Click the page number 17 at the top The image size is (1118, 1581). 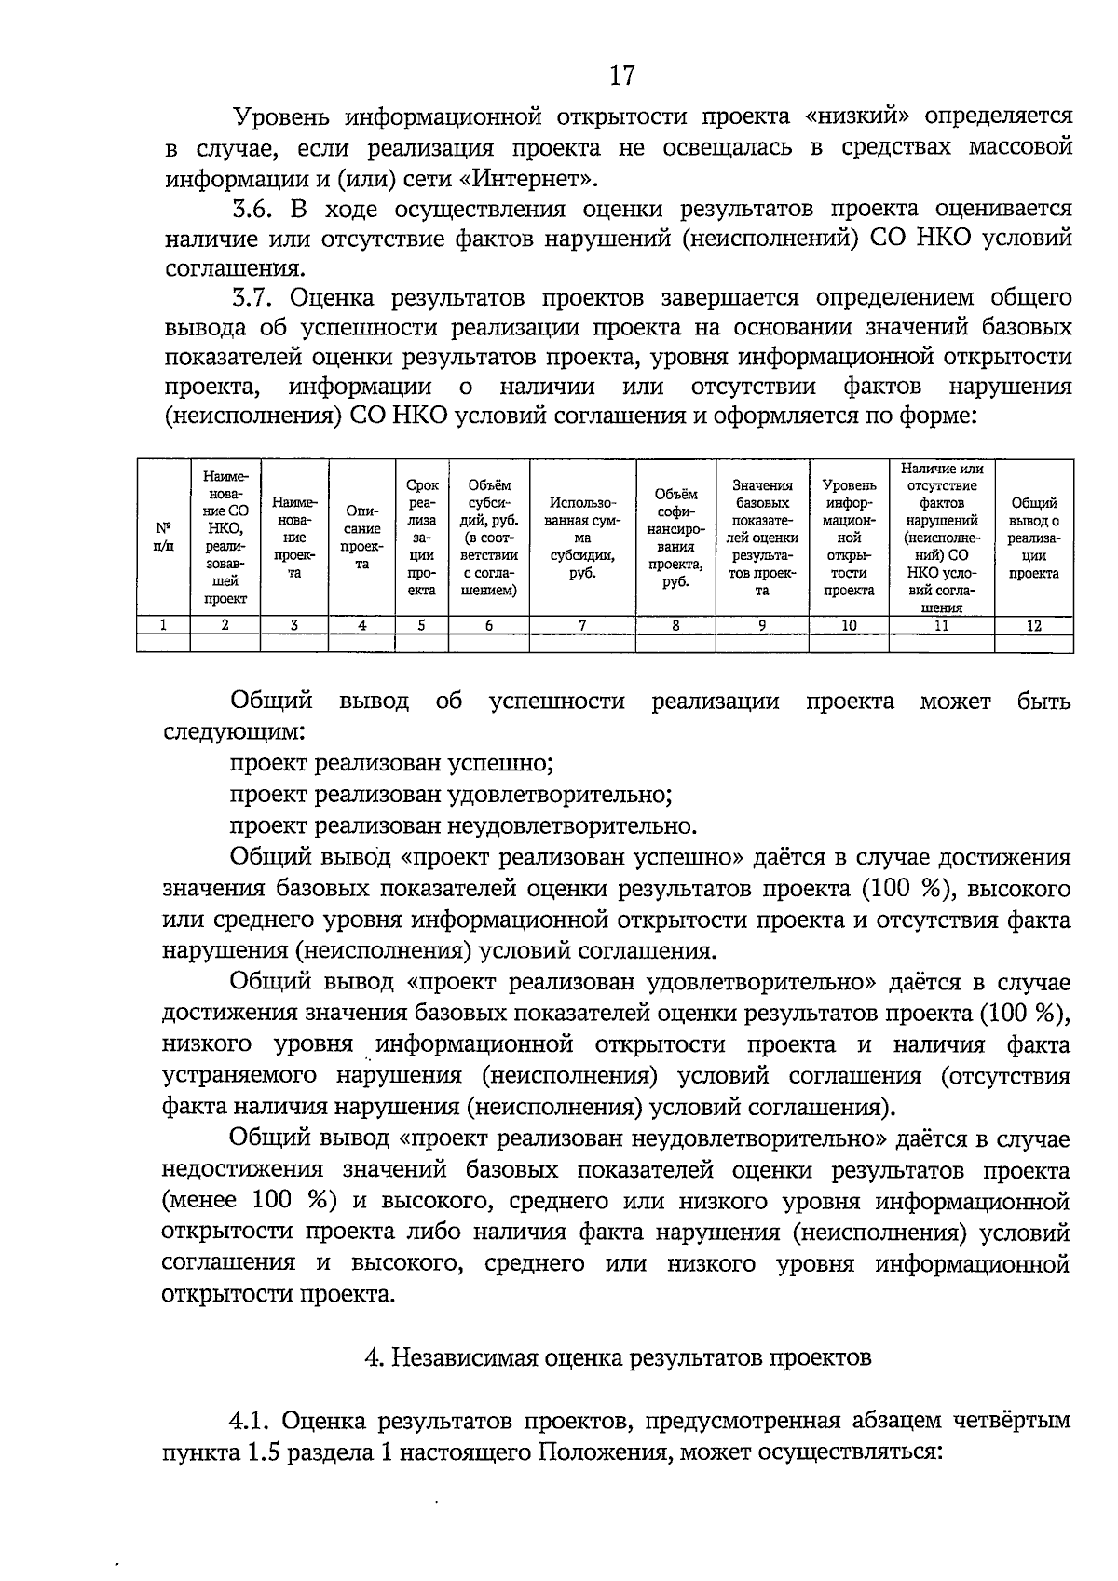pyautogui.click(x=622, y=75)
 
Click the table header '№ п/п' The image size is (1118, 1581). pyautogui.click(x=163, y=537)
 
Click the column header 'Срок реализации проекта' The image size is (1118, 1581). pyautogui.click(x=422, y=537)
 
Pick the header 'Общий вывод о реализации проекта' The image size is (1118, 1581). pyautogui.click(x=1033, y=538)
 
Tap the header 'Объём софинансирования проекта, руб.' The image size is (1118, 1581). pyautogui.click(x=675, y=538)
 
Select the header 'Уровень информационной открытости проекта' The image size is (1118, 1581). pyautogui.click(x=849, y=538)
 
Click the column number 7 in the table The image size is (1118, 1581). pyautogui.click(x=582, y=626)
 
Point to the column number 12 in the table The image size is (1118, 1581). pyautogui.click(x=1033, y=626)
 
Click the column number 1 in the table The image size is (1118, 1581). pyautogui.click(x=163, y=626)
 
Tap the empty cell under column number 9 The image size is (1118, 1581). pyautogui.click(x=761, y=643)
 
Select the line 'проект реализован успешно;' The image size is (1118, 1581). pyautogui.click(x=392, y=764)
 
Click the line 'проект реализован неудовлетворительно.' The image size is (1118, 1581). pyautogui.click(x=463, y=826)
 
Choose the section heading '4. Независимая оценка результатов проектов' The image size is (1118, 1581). pyautogui.click(x=617, y=1357)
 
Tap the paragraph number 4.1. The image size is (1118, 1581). pyautogui.click(x=251, y=1421)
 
